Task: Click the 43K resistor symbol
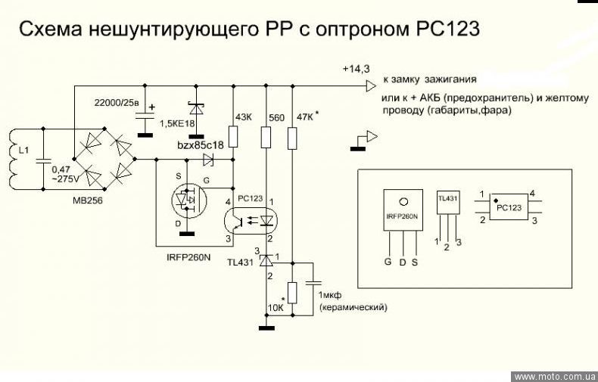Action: click(x=234, y=137)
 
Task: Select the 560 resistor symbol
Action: click(x=265, y=137)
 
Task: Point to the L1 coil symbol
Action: click(x=14, y=160)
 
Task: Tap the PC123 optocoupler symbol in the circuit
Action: click(x=250, y=219)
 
